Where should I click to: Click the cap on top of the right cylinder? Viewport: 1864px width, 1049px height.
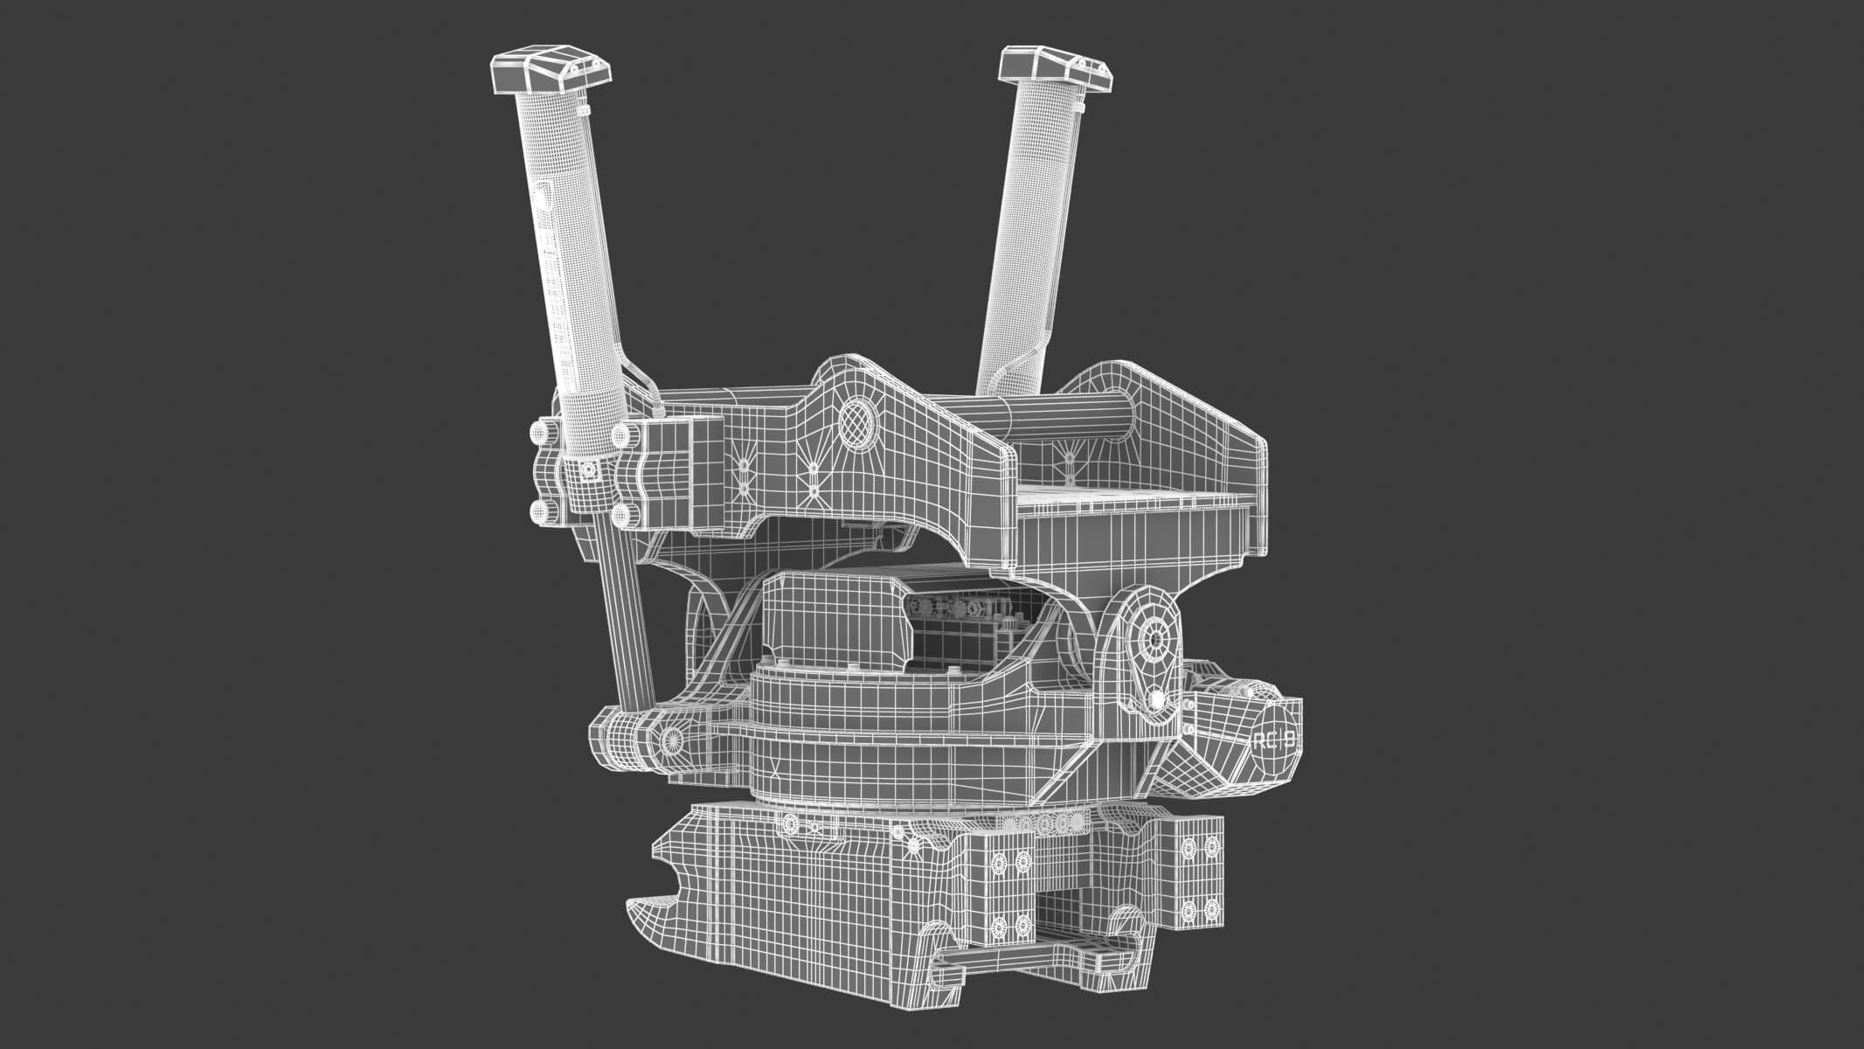1056,68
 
